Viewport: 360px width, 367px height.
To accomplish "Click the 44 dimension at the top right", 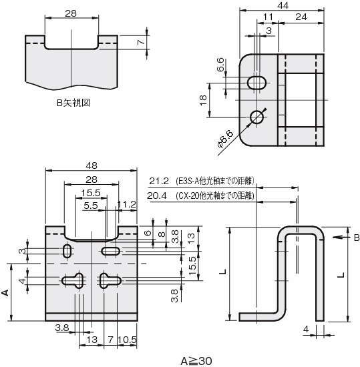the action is click(283, 5).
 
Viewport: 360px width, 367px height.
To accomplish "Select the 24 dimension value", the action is click(301, 17).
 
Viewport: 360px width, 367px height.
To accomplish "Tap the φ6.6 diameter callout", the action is click(226, 139).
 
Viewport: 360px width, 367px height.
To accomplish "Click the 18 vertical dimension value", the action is click(203, 100).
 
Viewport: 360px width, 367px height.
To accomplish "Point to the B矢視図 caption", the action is click(73, 103).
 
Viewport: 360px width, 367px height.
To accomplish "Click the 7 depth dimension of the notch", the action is click(141, 43).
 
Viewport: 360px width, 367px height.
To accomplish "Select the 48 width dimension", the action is click(91, 165).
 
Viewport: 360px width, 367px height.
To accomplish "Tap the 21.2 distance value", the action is click(159, 181).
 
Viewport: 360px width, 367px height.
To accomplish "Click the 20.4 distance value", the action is click(157, 196).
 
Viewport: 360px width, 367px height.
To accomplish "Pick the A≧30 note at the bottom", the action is click(196, 361).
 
